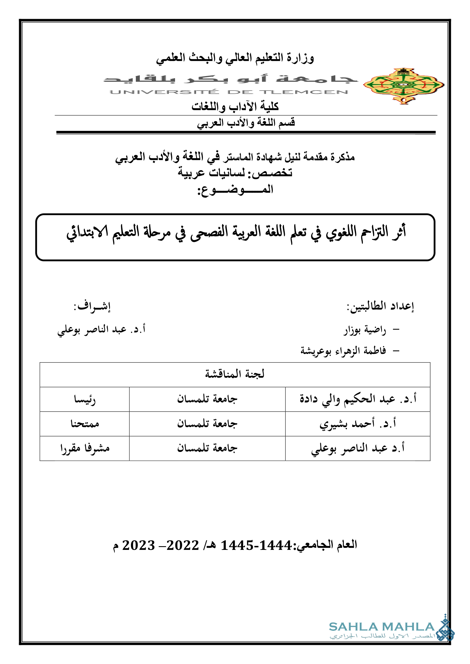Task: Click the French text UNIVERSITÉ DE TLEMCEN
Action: pos(229,92)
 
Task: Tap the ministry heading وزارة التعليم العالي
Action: pos(235,58)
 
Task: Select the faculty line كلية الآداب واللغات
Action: pos(235,107)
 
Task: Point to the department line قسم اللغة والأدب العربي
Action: pos(246,123)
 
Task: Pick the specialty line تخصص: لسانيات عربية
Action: pos(235,173)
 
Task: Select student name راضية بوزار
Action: pos(365,330)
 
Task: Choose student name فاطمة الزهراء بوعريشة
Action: pos(343,351)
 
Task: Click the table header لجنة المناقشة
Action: pos(235,374)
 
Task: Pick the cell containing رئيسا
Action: pos(84,399)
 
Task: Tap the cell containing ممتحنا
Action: pos(84,424)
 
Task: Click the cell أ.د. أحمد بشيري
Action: pos(358,424)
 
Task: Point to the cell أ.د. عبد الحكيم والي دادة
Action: pos(358,399)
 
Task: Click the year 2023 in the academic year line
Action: pos(139,545)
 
